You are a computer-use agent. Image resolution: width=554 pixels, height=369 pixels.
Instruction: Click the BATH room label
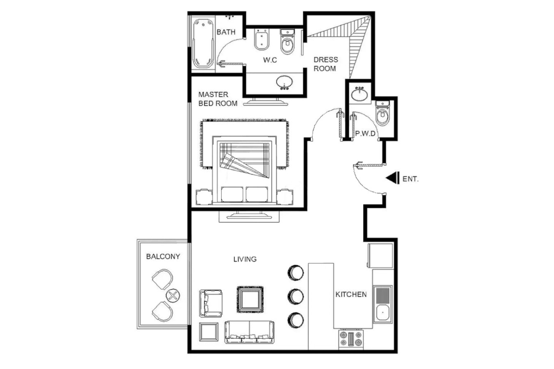click(x=226, y=32)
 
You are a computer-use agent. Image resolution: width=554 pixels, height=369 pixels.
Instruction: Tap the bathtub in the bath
click(x=203, y=44)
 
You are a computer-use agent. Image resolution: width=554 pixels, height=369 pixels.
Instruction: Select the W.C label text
click(x=270, y=60)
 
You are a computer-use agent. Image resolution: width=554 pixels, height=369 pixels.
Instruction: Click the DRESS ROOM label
click(x=326, y=64)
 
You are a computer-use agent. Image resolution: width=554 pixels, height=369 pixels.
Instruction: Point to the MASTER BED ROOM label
click(x=218, y=99)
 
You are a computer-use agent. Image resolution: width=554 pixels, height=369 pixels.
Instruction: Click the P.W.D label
click(x=365, y=134)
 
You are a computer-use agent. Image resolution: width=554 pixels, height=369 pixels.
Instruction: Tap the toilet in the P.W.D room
click(x=382, y=113)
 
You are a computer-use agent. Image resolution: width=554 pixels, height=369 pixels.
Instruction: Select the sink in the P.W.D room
click(x=359, y=94)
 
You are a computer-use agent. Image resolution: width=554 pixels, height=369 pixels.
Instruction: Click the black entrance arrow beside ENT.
click(x=392, y=178)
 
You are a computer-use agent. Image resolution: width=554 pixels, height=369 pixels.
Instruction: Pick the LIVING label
click(x=245, y=259)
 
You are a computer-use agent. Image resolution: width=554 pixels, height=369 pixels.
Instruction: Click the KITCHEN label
click(x=351, y=294)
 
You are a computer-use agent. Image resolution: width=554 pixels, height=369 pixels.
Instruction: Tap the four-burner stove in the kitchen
click(x=351, y=339)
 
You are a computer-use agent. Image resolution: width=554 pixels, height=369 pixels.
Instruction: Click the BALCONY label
click(x=163, y=256)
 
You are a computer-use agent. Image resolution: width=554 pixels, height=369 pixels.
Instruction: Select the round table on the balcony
click(x=173, y=295)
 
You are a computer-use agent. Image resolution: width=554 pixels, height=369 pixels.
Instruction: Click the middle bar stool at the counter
click(x=295, y=296)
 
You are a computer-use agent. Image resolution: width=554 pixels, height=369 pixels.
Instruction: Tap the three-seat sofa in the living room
click(x=250, y=332)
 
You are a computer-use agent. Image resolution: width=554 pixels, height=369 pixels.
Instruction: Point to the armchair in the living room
click(x=211, y=303)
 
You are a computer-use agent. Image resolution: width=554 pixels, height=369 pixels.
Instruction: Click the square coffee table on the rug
click(x=250, y=300)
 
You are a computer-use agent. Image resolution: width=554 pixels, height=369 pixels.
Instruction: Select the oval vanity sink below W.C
click(x=284, y=82)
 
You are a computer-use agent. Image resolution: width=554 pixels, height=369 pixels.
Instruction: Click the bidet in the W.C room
click(x=261, y=39)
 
